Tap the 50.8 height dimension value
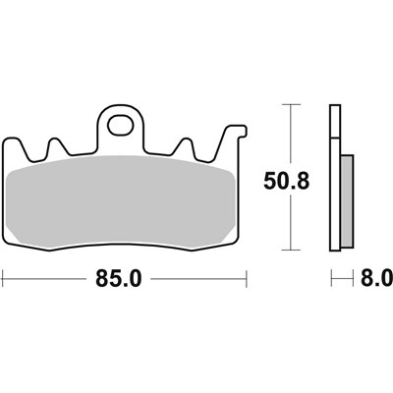(288, 180)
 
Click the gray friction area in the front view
(122, 201)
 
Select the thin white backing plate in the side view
(332, 177)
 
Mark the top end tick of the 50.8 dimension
(289, 103)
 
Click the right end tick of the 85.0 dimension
(242, 280)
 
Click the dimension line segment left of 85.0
(49, 280)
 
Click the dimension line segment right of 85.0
(196, 280)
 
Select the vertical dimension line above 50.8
(289, 133)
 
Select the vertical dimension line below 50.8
(289, 226)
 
